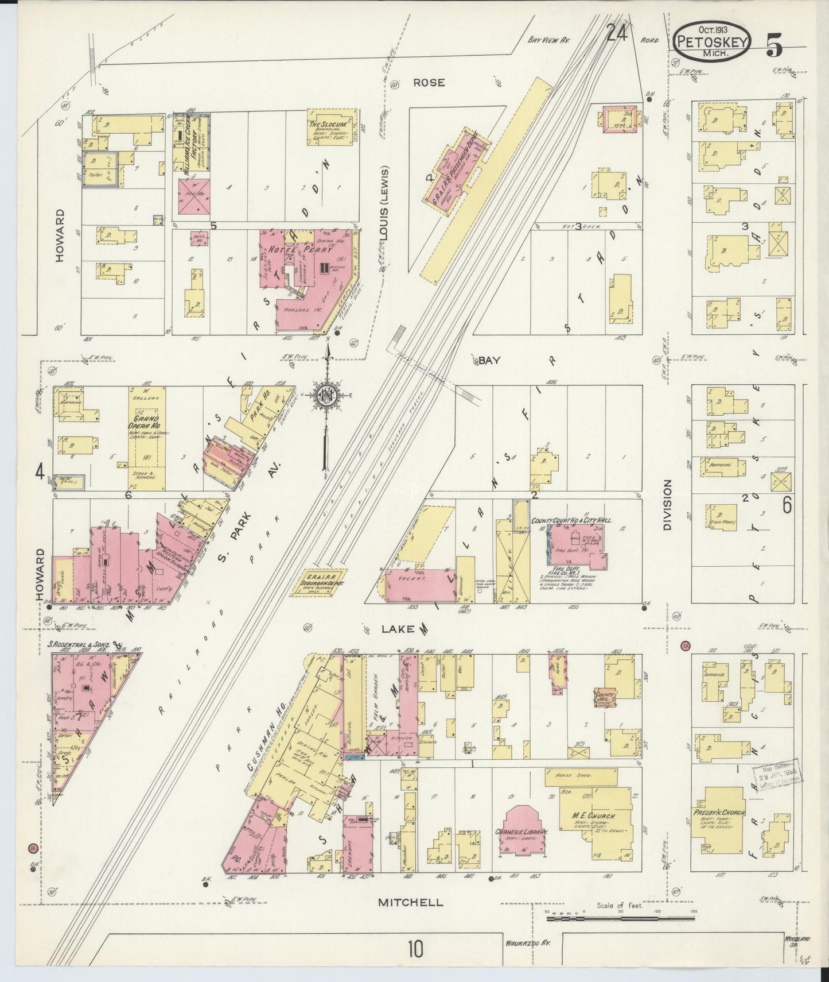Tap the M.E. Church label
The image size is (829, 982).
pyautogui.click(x=596, y=816)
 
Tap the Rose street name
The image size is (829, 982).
pyautogui.click(x=429, y=83)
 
